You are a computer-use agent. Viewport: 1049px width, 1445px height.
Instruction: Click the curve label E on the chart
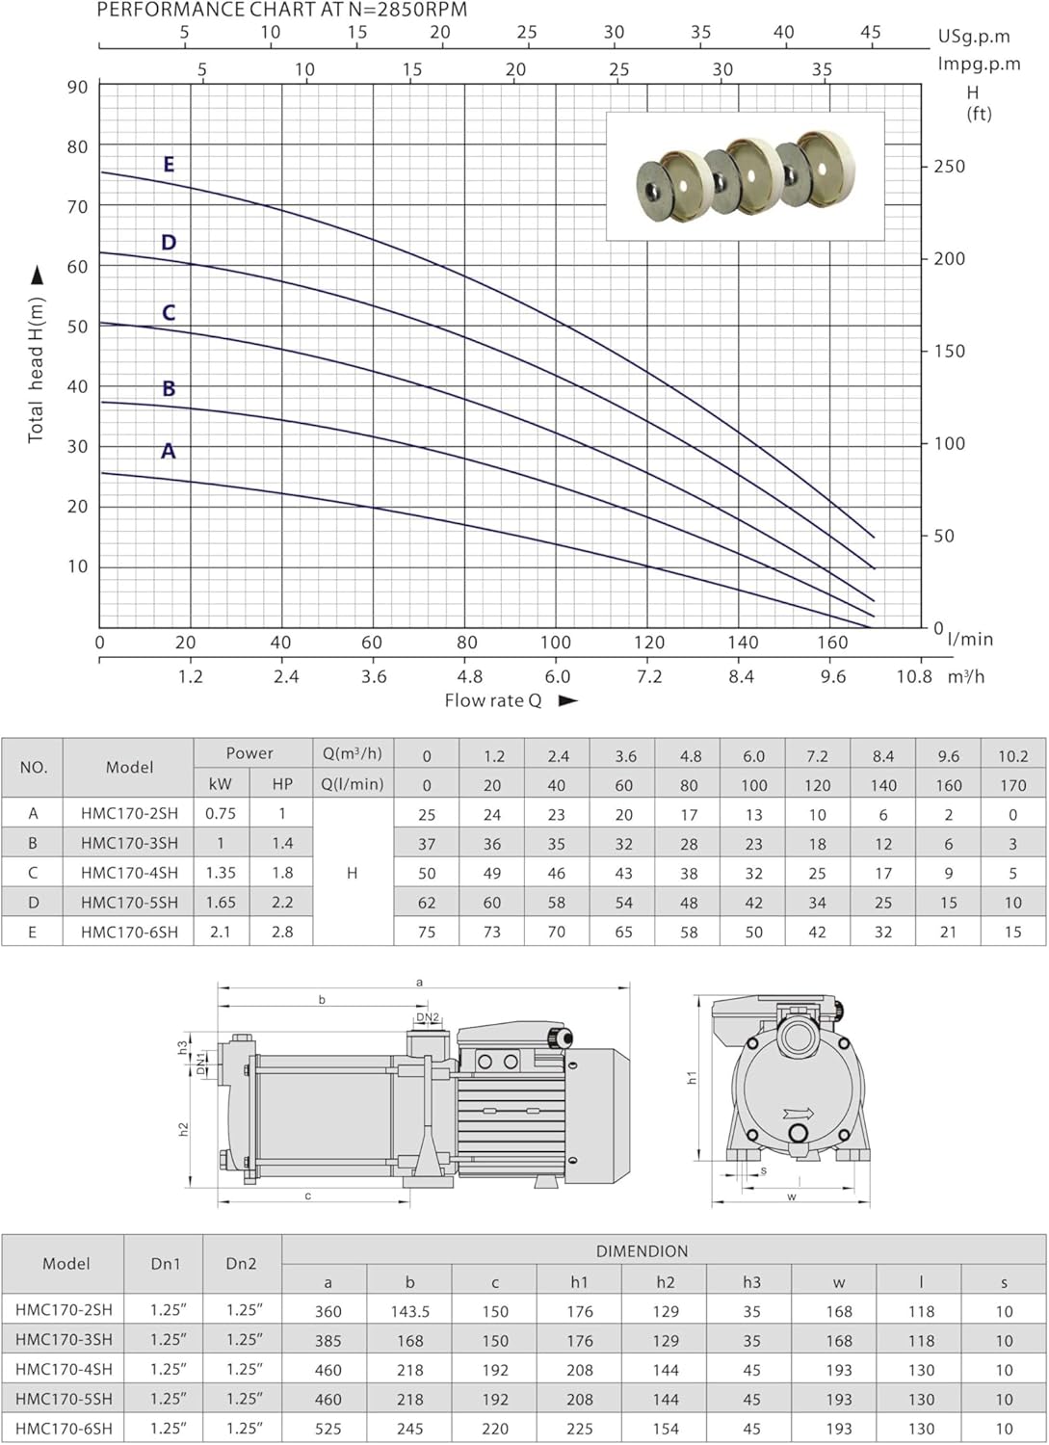pos(169,165)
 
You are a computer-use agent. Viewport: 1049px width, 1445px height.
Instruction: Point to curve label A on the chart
pos(168,450)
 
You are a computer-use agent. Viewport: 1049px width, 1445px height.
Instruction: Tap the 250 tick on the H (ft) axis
pos(950,167)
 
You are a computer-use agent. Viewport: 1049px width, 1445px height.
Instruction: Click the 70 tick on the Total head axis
pos(77,206)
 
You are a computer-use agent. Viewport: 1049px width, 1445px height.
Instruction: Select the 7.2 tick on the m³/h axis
pos(649,676)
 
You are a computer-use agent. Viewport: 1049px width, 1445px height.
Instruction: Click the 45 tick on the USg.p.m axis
pos(870,32)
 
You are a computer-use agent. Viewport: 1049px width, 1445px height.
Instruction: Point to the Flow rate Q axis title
pos(493,700)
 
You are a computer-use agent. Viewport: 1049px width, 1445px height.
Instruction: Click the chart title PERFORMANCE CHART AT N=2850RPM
pos(282,10)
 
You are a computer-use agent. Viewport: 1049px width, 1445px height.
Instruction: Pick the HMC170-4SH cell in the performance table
pos(129,873)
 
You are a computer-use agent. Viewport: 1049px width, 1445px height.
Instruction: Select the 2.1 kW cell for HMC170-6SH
pos(220,933)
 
